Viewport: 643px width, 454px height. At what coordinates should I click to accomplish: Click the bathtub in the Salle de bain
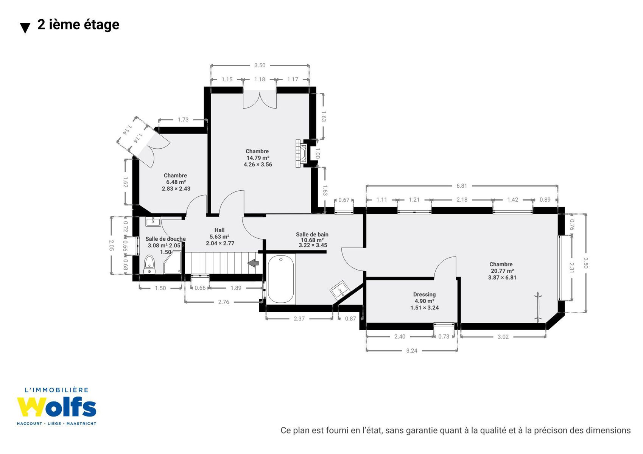281,279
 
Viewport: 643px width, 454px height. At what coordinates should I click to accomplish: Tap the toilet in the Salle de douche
149,264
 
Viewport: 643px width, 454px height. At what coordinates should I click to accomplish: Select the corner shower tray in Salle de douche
172,262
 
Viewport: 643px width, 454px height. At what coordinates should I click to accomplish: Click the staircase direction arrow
253,263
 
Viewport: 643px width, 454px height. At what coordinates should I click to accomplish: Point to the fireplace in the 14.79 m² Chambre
301,153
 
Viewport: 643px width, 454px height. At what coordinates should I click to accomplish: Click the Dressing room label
424,294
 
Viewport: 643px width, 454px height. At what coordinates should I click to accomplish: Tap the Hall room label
219,230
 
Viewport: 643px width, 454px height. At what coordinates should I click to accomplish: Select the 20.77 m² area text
502,271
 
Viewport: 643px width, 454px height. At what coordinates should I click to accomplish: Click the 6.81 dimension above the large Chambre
462,186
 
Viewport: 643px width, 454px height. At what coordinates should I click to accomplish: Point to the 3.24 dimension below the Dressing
411,350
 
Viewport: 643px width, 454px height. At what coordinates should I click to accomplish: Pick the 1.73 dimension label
183,120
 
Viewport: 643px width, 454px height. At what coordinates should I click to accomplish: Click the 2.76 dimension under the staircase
223,302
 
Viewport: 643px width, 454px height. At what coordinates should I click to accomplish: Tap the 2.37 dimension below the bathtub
299,318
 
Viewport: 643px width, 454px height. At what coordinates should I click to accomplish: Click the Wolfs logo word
56,407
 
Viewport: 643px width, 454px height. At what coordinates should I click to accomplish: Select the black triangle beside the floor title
25,28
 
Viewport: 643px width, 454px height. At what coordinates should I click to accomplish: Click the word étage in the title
101,25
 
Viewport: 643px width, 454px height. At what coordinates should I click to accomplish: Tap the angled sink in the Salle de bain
341,290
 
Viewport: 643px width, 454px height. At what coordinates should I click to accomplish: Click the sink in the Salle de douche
153,222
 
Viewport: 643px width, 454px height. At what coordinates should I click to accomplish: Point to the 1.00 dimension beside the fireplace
317,153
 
